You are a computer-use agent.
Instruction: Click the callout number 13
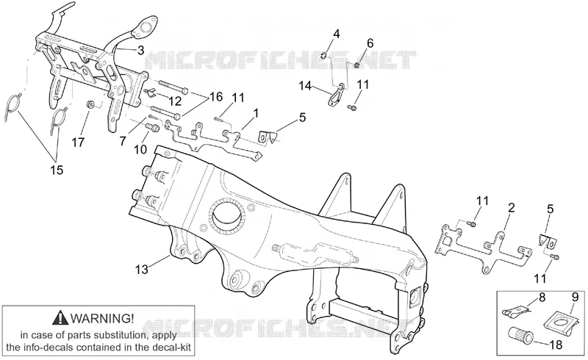pyautogui.click(x=142, y=269)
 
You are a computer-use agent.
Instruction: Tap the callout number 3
pyautogui.click(x=141, y=51)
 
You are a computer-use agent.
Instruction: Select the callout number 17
pyautogui.click(x=79, y=143)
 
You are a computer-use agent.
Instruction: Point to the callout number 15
pyautogui.click(x=57, y=170)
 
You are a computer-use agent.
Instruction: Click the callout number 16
pyautogui.click(x=216, y=97)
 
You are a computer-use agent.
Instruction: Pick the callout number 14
pyautogui.click(x=305, y=86)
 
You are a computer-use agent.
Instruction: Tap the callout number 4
pyautogui.click(x=337, y=34)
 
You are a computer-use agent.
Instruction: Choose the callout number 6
pyautogui.click(x=370, y=43)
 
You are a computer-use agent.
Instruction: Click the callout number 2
pyautogui.click(x=511, y=208)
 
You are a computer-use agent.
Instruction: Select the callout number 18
pyautogui.click(x=556, y=345)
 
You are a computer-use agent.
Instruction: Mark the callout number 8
pyautogui.click(x=542, y=298)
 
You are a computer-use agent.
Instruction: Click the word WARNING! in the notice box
pyautogui.click(x=102, y=318)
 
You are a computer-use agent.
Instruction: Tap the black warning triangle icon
pyautogui.click(x=60, y=318)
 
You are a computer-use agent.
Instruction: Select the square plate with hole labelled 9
pyautogui.click(x=559, y=321)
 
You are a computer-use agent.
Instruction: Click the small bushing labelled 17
pyautogui.click(x=90, y=104)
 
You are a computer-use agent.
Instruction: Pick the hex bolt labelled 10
pyautogui.click(x=152, y=128)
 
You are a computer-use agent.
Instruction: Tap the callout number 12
pyautogui.click(x=175, y=101)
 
